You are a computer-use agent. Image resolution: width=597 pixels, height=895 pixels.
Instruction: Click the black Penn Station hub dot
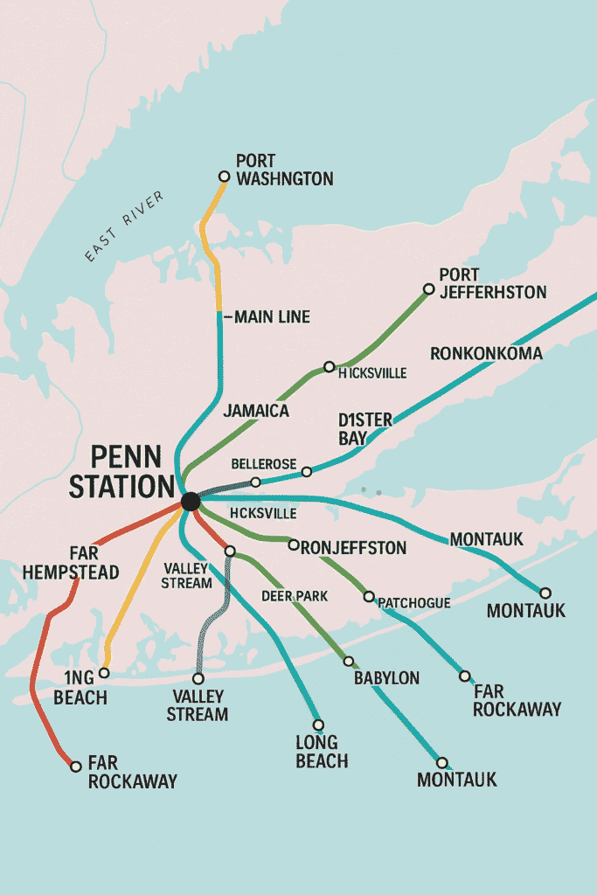[x=190, y=502]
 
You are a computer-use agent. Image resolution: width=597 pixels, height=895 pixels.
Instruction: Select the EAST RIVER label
[x=124, y=226]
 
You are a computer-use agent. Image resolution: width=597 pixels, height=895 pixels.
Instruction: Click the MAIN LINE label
[x=272, y=317]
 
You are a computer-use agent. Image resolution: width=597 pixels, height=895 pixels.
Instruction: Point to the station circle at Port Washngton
[x=224, y=177]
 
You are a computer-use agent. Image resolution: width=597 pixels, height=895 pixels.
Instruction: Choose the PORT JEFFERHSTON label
[x=492, y=283]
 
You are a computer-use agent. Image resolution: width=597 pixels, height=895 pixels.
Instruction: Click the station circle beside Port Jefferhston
[x=428, y=289]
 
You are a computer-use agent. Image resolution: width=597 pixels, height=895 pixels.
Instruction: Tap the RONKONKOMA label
[x=486, y=354]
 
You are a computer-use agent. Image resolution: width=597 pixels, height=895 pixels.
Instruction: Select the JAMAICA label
[x=256, y=411]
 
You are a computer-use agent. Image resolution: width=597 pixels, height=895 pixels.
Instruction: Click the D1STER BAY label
[x=365, y=428]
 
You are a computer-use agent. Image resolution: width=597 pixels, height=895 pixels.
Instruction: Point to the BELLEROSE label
[x=263, y=463]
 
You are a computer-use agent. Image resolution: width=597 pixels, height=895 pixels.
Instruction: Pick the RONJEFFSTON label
[x=353, y=548]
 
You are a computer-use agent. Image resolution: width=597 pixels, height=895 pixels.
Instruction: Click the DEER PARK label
[x=295, y=596]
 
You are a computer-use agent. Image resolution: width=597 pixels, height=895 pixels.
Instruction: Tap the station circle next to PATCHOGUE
[x=369, y=597]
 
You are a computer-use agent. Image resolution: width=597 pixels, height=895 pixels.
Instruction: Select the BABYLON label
[x=386, y=677]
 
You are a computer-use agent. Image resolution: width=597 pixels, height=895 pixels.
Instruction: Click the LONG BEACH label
[x=322, y=752]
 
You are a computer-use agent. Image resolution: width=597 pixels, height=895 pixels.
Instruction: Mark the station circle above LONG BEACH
[x=318, y=725]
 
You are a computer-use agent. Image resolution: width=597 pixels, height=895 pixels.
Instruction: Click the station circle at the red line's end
[x=76, y=767]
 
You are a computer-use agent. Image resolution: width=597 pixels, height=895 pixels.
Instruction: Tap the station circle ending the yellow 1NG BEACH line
[x=104, y=673]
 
